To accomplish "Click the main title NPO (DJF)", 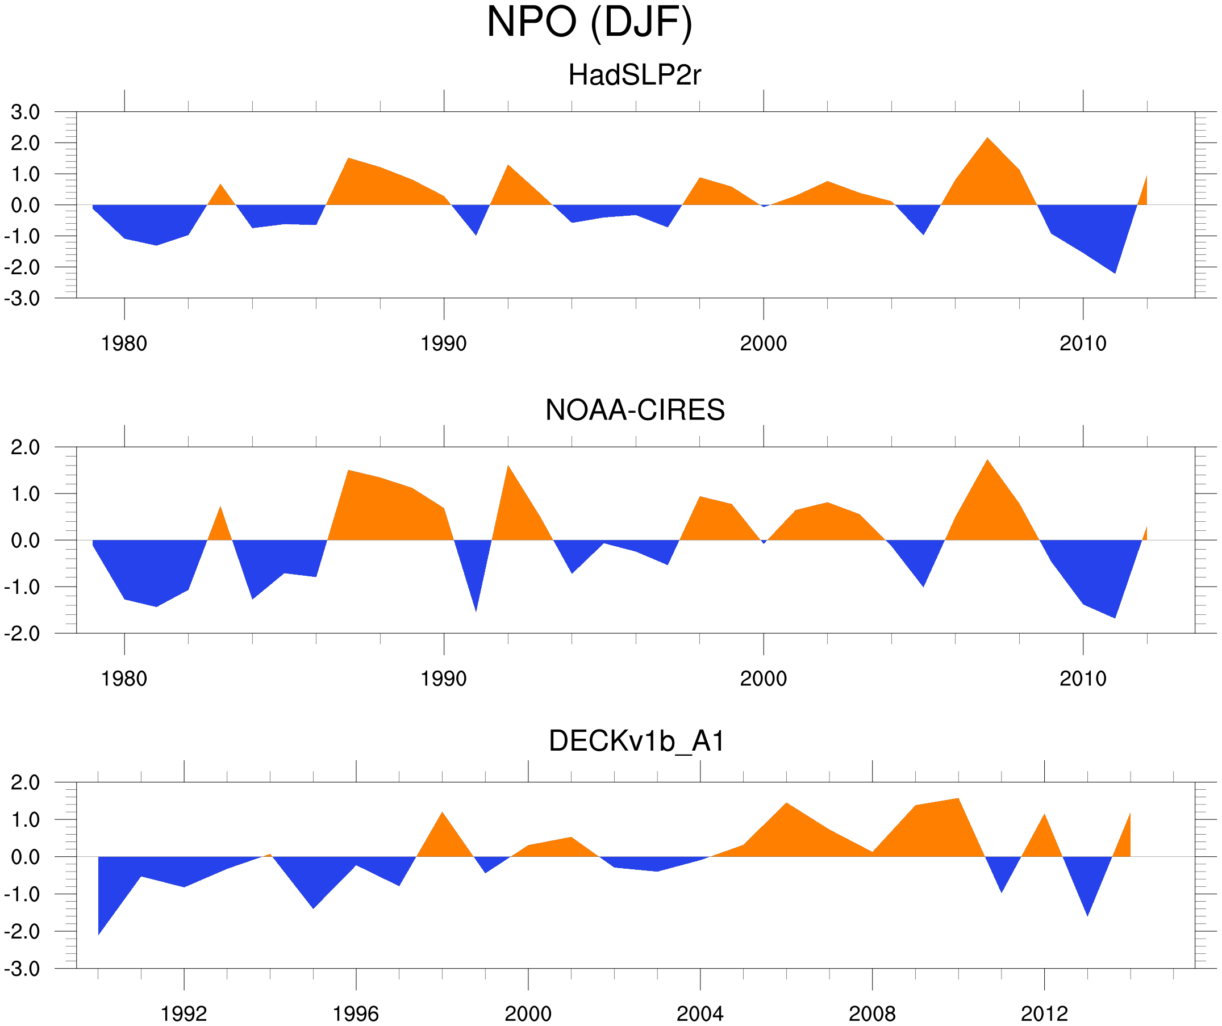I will [x=589, y=22].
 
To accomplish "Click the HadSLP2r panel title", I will [x=634, y=75].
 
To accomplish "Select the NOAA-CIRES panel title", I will [x=635, y=410].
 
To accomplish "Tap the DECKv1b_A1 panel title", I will [x=637, y=742].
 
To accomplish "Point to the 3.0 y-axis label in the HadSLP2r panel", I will [x=25, y=112].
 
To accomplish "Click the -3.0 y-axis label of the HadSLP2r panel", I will [x=22, y=299].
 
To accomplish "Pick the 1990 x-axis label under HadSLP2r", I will [x=444, y=344].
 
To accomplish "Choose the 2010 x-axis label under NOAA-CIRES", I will [x=1082, y=679].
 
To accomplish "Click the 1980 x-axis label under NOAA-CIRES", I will [x=124, y=679].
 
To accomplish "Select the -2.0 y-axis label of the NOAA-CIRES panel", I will [x=22, y=634].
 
